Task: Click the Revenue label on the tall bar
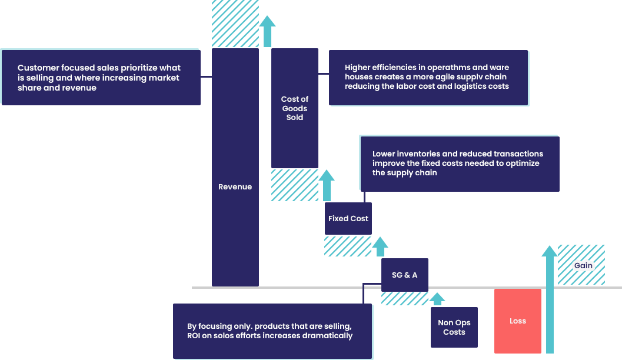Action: point(235,187)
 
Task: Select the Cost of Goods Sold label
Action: point(295,108)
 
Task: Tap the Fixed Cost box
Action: point(348,219)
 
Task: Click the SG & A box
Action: point(404,275)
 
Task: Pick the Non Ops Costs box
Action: point(454,328)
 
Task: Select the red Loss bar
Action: point(517,321)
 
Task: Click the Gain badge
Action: point(583,266)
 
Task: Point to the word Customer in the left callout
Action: point(38,68)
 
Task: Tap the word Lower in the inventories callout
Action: point(384,154)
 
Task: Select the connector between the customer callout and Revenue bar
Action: point(205,76)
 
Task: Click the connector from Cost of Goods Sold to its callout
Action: point(324,74)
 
